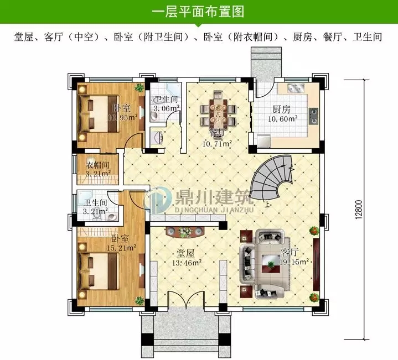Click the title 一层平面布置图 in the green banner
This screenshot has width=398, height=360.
tap(198, 12)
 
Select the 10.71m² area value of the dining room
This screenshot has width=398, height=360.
tap(216, 143)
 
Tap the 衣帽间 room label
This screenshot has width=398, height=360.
tap(97, 165)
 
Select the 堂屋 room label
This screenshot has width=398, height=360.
tap(185, 253)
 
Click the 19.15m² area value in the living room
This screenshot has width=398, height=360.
tap(293, 262)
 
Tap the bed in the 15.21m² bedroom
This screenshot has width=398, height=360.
tap(100, 270)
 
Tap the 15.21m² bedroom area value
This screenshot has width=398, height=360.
tap(123, 248)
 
